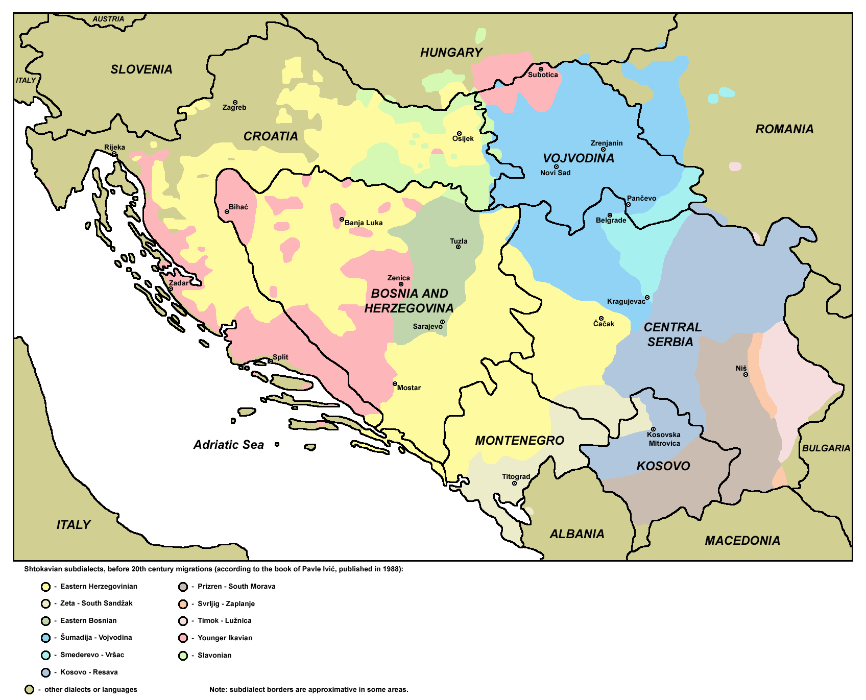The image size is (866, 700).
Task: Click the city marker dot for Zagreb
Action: click(235, 103)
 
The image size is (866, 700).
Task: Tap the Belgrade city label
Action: click(611, 221)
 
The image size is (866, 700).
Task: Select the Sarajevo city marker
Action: click(442, 322)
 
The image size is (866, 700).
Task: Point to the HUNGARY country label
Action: click(451, 53)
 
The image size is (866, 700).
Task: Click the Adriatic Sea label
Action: click(228, 445)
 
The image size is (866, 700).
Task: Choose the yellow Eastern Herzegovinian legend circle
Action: click(45, 587)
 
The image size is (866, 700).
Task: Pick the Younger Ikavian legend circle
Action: click(183, 638)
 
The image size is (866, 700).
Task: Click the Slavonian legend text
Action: click(214, 656)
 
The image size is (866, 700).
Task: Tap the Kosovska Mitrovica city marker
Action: click(653, 429)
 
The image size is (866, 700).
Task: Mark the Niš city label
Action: click(741, 368)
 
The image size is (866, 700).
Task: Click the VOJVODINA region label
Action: click(578, 158)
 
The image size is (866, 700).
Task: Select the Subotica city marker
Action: click(541, 69)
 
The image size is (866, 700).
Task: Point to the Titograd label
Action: click(516, 476)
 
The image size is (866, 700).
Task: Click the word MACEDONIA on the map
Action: click(742, 541)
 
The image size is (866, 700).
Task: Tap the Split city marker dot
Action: click(271, 361)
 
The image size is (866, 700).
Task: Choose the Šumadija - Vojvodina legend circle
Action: click(45, 638)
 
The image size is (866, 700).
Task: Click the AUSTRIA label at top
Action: click(108, 19)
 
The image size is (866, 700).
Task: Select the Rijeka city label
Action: click(114, 147)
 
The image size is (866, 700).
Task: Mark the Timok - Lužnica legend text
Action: click(224, 621)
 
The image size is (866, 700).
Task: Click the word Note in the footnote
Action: click(218, 690)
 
